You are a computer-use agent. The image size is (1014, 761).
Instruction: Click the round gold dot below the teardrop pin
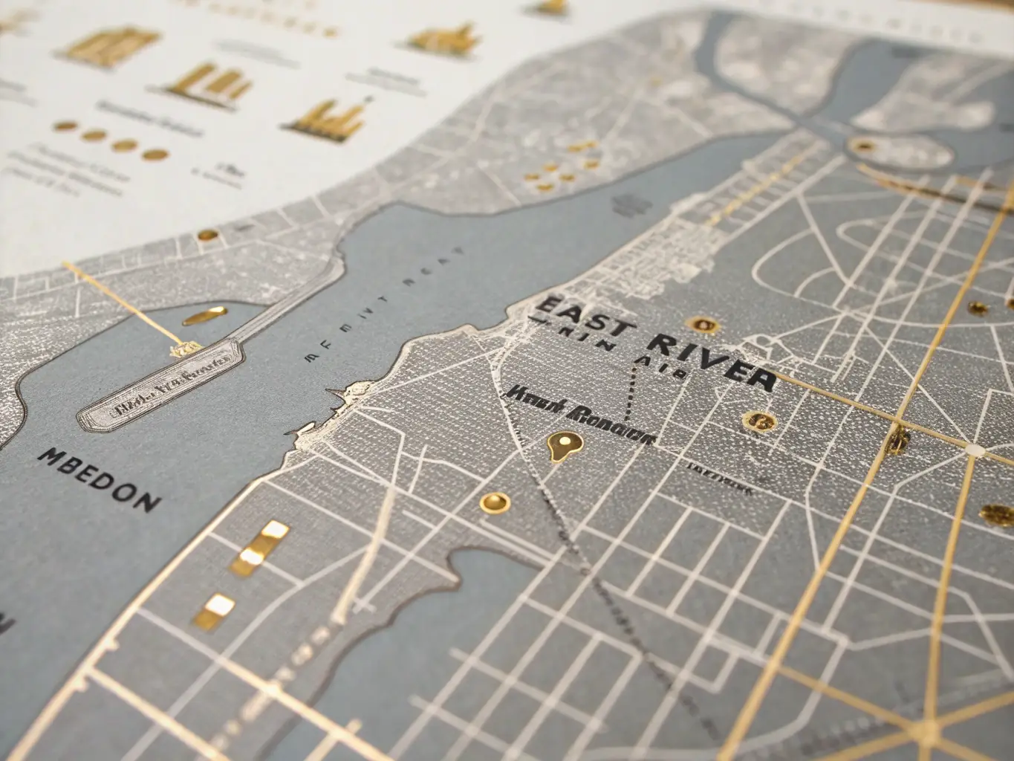tap(494, 503)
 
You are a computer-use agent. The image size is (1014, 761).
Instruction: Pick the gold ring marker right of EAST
tap(701, 324)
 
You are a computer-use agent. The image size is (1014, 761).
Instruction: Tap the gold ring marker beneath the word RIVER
tap(758, 421)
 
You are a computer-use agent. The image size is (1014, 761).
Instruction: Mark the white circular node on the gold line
tap(974, 450)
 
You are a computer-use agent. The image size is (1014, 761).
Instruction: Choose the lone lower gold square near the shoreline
tap(214, 609)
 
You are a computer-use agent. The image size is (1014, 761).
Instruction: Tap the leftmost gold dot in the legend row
tap(65, 126)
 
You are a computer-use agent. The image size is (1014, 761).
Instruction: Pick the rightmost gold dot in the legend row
tap(155, 155)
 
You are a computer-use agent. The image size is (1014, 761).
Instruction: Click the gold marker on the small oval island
tap(862, 146)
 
